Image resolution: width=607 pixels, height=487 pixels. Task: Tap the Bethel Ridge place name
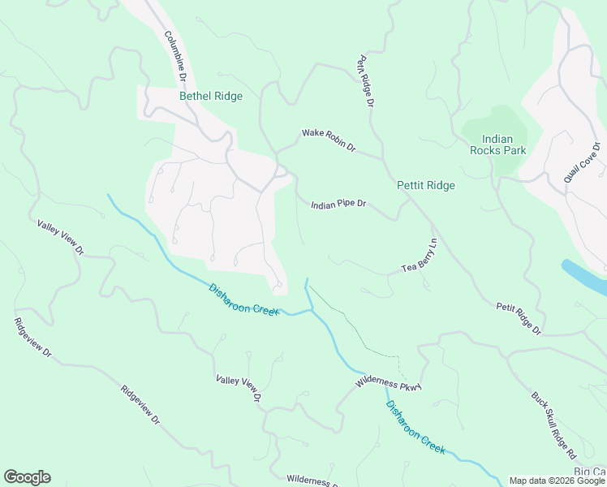click(211, 97)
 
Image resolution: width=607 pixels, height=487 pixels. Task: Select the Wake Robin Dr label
click(329, 140)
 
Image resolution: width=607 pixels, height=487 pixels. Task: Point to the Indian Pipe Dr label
click(339, 205)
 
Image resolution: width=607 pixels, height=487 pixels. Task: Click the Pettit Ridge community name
click(426, 186)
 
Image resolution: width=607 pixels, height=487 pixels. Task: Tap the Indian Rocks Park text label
click(498, 145)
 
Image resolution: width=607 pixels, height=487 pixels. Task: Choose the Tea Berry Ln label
click(420, 256)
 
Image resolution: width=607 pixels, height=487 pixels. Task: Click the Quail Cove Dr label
click(582, 162)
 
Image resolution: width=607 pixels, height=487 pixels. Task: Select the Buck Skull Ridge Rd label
click(553, 425)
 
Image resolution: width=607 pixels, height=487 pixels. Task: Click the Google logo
click(27, 477)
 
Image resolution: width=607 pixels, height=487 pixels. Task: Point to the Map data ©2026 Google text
click(556, 481)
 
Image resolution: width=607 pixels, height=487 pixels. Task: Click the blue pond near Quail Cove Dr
click(586, 277)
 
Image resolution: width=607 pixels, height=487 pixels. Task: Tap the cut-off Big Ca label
click(590, 472)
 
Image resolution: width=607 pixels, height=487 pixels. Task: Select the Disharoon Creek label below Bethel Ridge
click(243, 300)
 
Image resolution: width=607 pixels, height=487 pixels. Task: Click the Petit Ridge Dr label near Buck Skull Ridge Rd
click(519, 317)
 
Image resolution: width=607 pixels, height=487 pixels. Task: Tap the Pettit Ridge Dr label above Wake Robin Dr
click(364, 82)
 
